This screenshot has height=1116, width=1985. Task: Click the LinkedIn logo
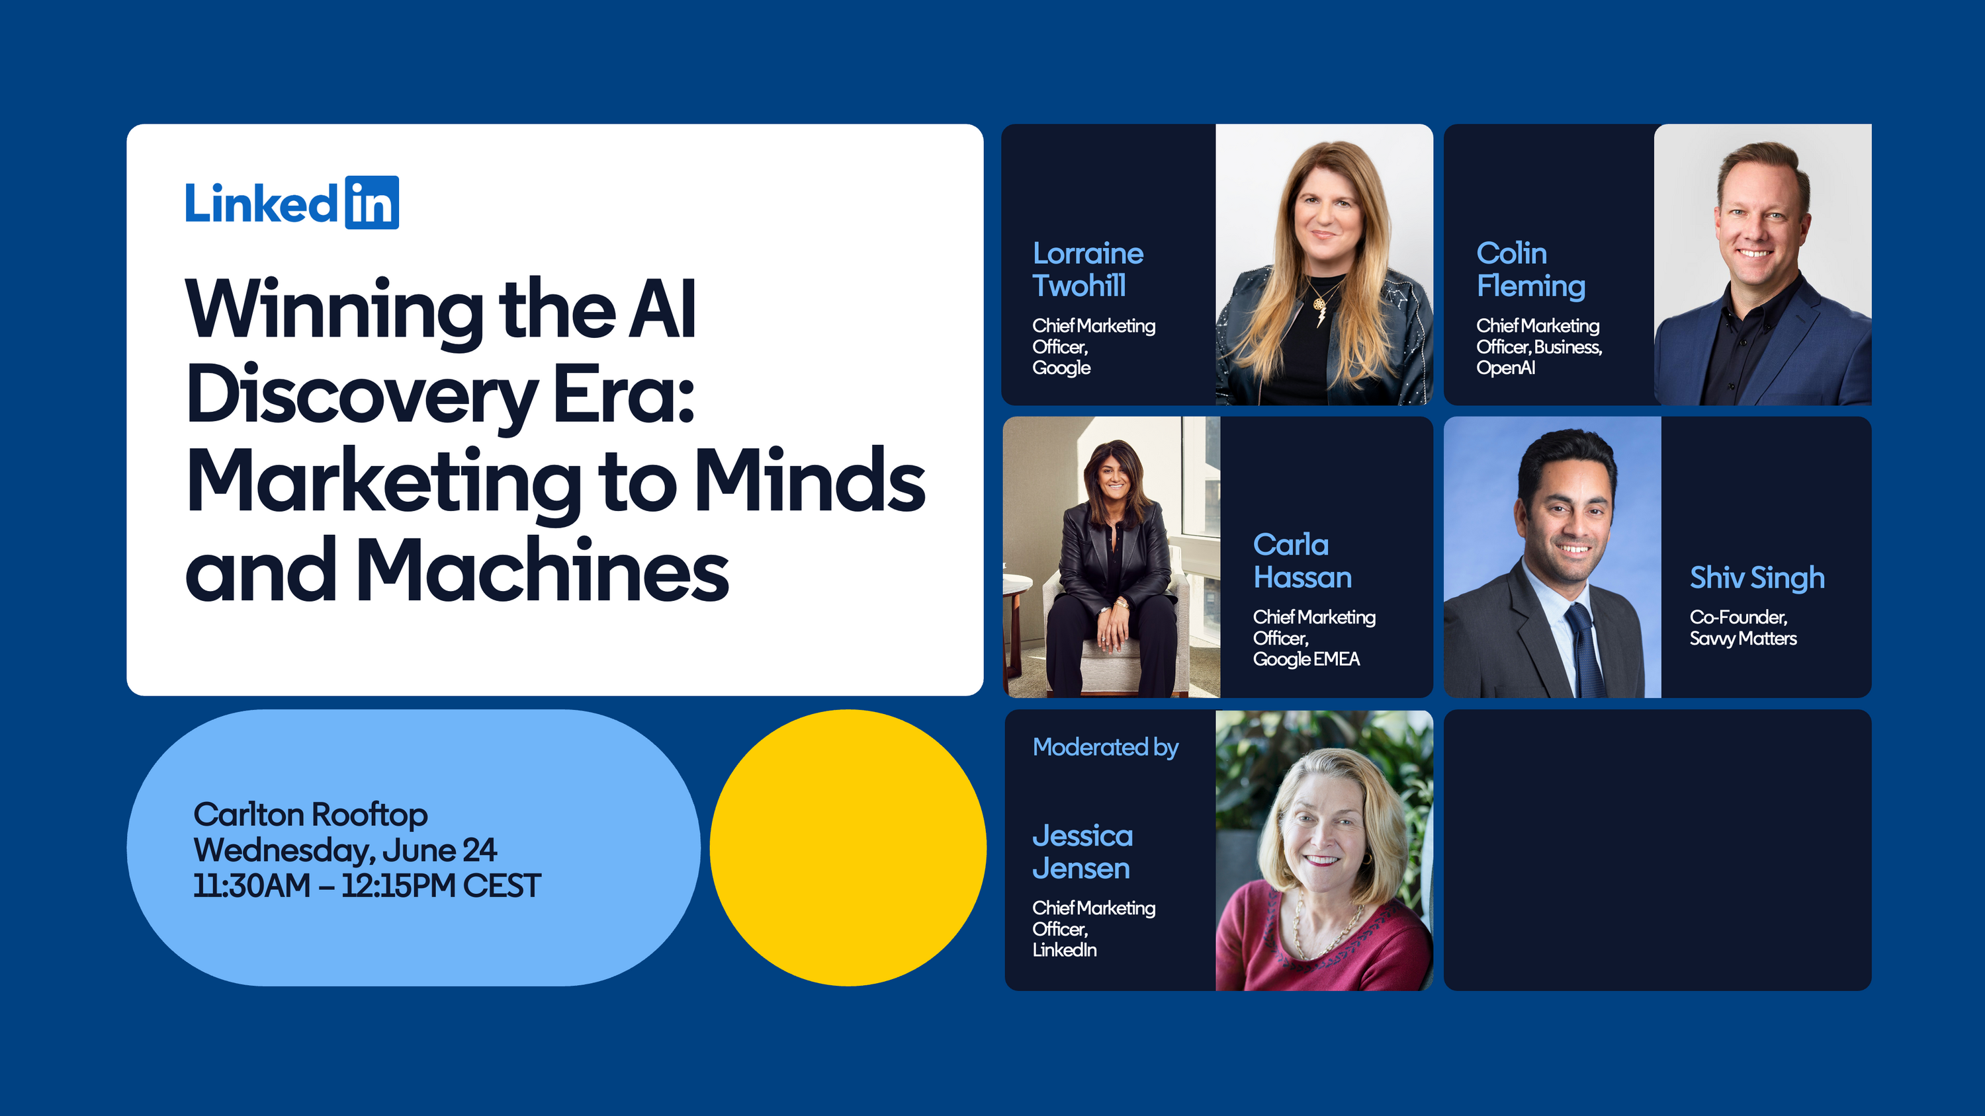pos(292,202)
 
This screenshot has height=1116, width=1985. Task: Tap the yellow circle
pos(848,847)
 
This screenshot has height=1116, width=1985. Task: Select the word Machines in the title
pos(542,570)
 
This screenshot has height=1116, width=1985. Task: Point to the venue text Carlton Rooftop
pos(310,814)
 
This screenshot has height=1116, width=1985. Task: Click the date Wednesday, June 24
pos(345,850)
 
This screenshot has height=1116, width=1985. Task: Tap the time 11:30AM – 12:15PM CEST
pos(367,886)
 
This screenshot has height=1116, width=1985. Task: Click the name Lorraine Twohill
pos(1087,270)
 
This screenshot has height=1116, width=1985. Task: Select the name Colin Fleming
pos(1530,270)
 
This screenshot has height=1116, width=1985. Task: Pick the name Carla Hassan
pos(1302,561)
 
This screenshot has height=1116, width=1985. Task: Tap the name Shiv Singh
pos(1757,578)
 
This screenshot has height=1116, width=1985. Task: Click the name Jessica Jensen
pos(1082,852)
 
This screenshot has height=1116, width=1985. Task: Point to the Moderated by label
pos(1106,747)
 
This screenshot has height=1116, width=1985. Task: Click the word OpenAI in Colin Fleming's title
pos(1506,368)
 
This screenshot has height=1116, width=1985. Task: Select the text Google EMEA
pos(1306,659)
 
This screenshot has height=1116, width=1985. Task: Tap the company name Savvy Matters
pos(1743,639)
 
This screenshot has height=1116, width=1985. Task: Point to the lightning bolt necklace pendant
pos(1319,314)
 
